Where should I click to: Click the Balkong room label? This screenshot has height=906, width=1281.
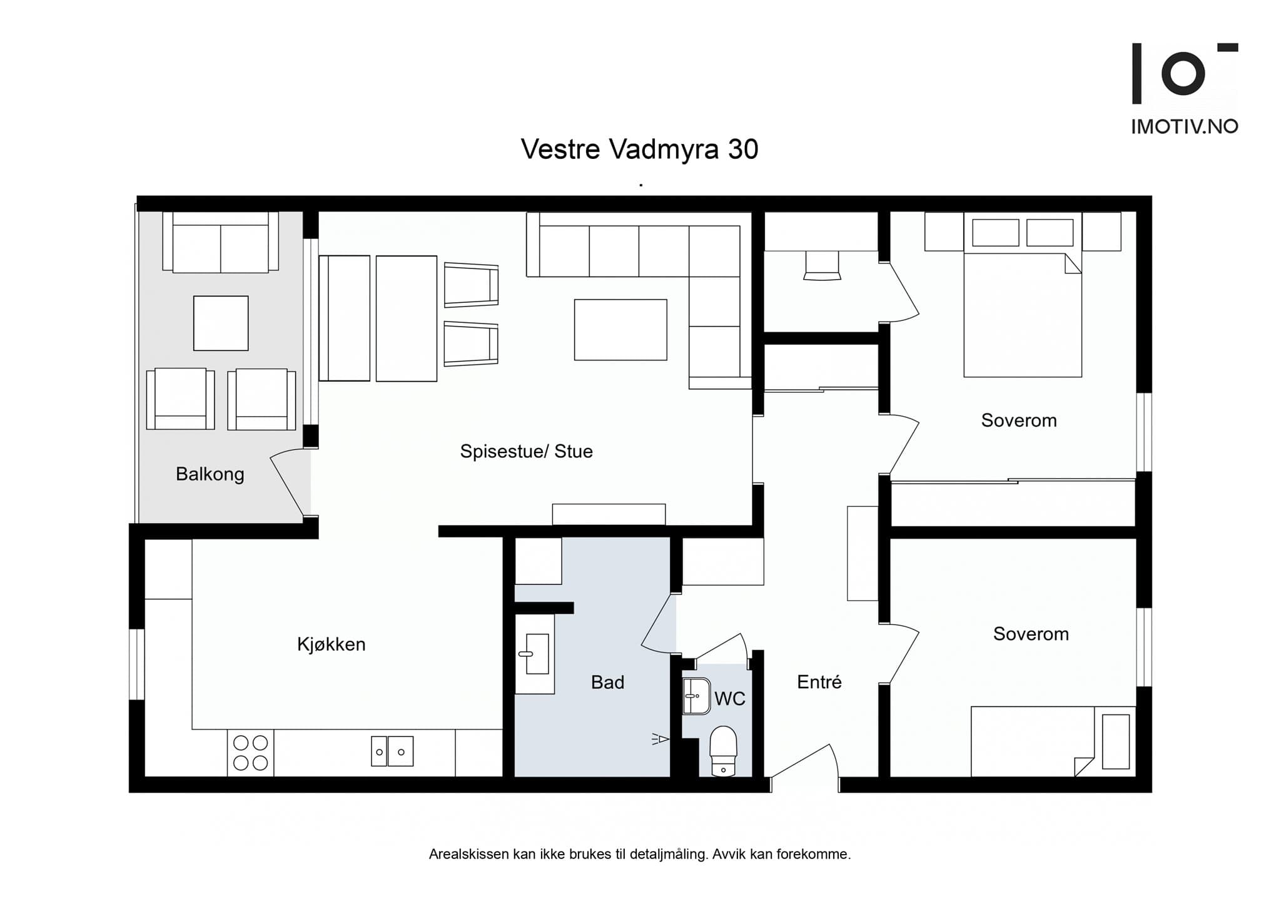[210, 474]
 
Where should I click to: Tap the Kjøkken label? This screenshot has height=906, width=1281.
[331, 644]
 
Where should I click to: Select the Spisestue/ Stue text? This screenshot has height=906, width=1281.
[526, 451]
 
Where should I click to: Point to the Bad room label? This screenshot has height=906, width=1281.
[607, 682]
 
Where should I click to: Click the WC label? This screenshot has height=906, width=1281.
[729, 699]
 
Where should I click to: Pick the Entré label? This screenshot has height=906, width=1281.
[819, 681]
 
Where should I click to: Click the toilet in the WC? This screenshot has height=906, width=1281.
[724, 751]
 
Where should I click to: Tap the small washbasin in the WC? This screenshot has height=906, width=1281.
[696, 696]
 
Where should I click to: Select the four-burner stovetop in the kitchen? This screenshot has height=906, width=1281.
[250, 753]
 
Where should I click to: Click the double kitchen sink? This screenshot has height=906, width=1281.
[392, 751]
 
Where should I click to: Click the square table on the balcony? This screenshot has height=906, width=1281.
[221, 323]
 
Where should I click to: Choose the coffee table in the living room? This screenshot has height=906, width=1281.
[620, 330]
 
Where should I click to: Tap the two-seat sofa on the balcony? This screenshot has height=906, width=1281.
[220, 242]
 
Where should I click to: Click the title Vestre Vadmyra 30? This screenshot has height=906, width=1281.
[639, 149]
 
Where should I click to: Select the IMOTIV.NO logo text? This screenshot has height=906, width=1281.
[1185, 127]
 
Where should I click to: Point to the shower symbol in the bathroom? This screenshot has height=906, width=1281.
[661, 740]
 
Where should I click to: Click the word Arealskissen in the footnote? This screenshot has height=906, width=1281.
[468, 855]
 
